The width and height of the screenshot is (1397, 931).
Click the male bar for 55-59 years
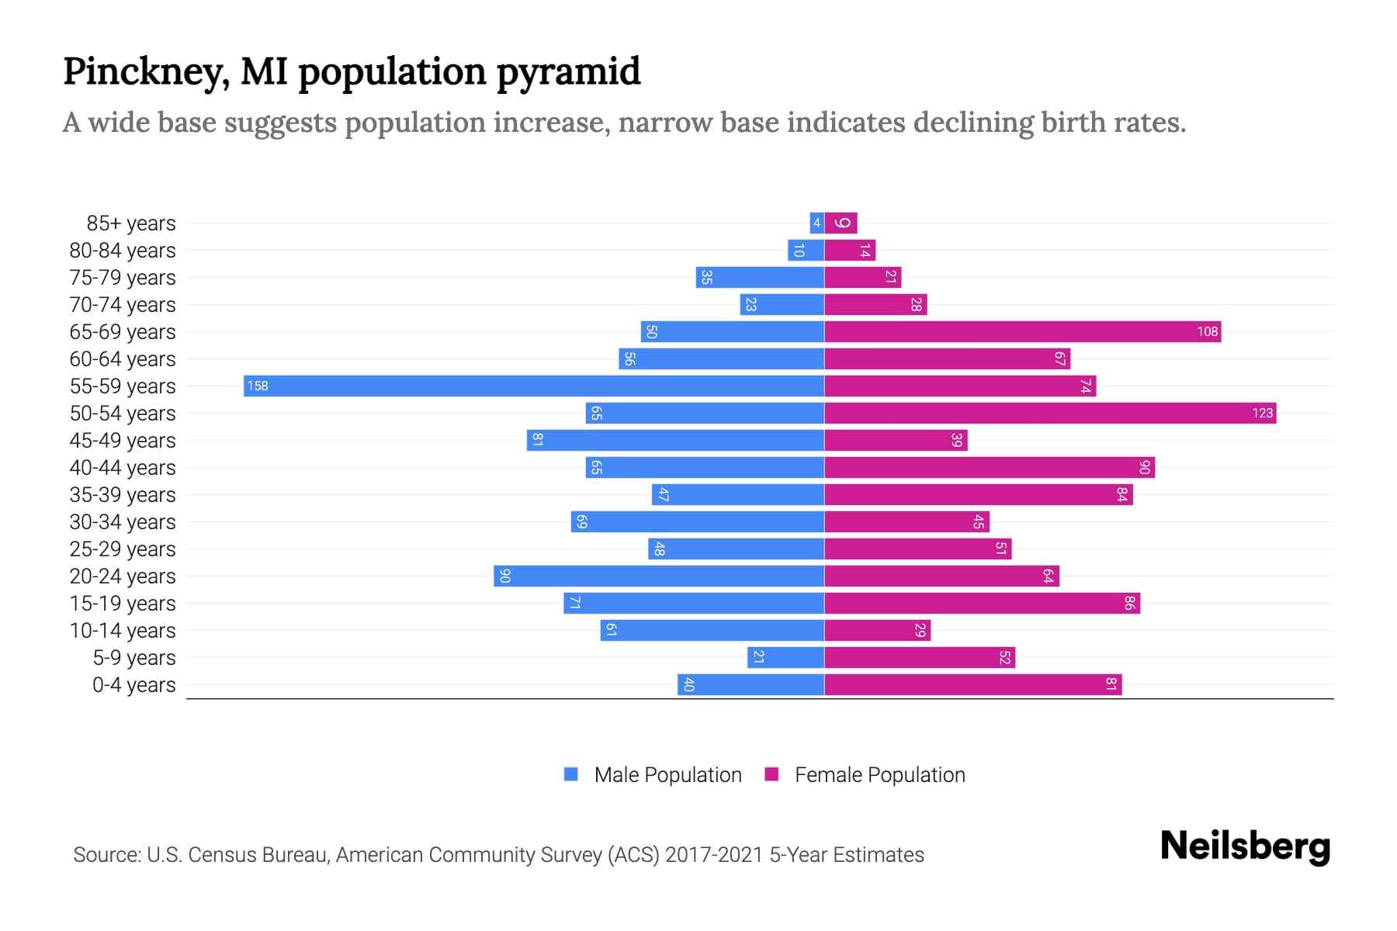click(x=534, y=386)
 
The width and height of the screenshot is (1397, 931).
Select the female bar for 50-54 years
click(x=1049, y=413)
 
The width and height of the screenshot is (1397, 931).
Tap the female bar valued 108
click(x=1022, y=331)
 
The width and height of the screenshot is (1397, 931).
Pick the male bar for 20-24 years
click(x=659, y=576)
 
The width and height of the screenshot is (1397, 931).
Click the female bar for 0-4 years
click(x=972, y=684)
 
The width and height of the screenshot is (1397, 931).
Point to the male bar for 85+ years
click(x=816, y=223)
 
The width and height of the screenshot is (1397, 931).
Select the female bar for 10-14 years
click(x=877, y=630)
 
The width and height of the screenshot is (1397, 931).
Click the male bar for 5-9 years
click(x=785, y=657)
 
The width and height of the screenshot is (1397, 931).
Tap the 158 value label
click(x=258, y=386)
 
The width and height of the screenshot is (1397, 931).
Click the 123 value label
click(x=1262, y=413)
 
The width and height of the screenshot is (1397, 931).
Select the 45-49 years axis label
click(x=123, y=441)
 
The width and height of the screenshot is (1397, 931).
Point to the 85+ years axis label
click(x=131, y=223)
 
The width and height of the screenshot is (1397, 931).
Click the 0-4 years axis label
click(x=133, y=685)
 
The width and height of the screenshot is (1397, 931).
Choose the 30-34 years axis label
click(x=123, y=522)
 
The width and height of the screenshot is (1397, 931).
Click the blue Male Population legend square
click(x=571, y=774)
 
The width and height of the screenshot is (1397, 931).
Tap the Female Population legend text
click(x=879, y=774)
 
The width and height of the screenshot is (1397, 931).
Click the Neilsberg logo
click(x=1245, y=846)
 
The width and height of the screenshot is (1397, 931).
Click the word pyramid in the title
click(x=568, y=72)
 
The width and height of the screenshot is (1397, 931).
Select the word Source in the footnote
click(x=106, y=855)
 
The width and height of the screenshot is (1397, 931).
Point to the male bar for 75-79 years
click(x=760, y=277)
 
